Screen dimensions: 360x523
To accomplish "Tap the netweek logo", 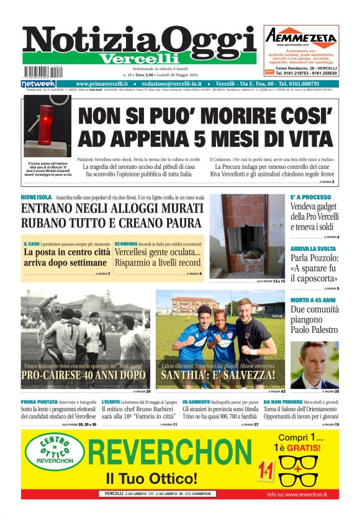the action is tap(38, 83).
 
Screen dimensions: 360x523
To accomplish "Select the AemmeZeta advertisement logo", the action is tap(301, 35).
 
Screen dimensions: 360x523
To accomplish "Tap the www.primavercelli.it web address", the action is tap(102, 83).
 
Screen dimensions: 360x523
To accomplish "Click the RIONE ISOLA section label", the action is tap(36, 198).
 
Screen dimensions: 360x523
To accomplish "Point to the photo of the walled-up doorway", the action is tap(247, 236).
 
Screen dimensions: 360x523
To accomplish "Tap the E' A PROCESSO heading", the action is tap(310, 198).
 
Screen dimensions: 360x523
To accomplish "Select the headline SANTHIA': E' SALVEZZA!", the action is tap(218, 375).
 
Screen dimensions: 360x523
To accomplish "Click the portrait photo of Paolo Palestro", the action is tap(314, 365).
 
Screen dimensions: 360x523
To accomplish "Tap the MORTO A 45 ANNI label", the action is tap(313, 300).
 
